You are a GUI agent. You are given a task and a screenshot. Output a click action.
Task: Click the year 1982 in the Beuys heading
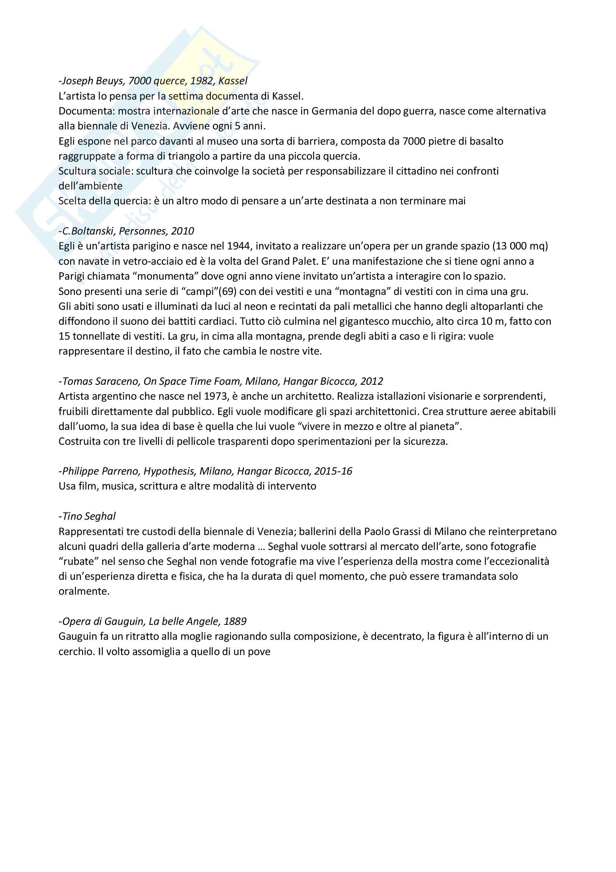coord(202,81)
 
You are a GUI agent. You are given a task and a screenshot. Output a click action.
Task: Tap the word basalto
coord(486,141)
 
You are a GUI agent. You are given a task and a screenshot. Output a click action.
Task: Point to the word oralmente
coord(83,591)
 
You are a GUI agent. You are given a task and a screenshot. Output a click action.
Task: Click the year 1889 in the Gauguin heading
coord(235,621)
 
